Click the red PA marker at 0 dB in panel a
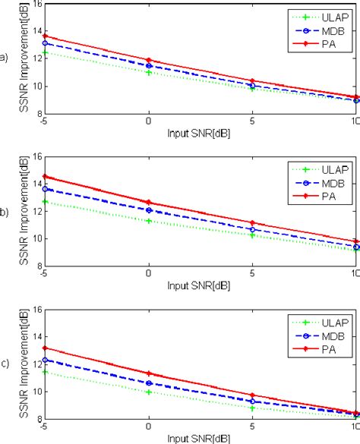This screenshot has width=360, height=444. pos(148,60)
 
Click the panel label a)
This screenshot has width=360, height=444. pos(5,57)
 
